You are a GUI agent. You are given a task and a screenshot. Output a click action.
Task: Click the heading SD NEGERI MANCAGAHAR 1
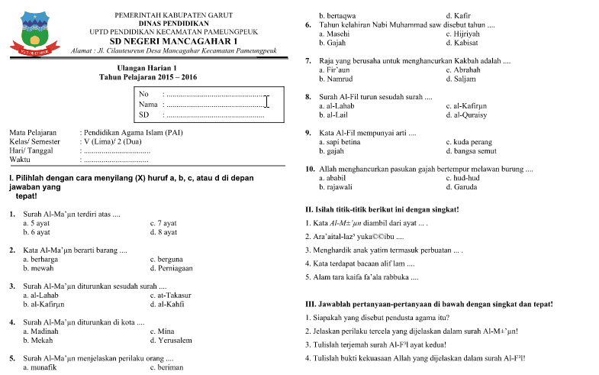[x=174, y=40]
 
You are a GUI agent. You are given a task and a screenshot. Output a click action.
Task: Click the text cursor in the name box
[x=266, y=102]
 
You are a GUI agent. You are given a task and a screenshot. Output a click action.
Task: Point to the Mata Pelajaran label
[x=34, y=132]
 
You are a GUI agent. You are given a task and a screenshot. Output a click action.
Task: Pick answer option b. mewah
[x=38, y=269]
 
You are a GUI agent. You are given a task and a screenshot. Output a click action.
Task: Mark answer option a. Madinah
[x=41, y=331]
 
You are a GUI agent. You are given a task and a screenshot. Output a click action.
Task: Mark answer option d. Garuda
[x=465, y=187]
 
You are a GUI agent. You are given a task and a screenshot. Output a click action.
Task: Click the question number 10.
[x=309, y=168]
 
